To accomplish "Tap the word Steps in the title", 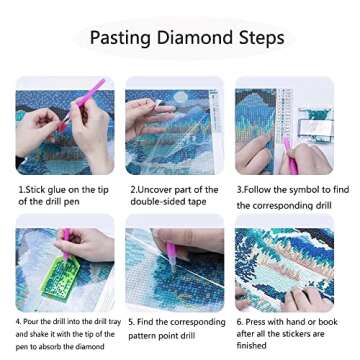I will click(260, 39).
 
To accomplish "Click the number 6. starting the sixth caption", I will click(240, 322).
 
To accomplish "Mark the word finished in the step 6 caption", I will click(252, 345).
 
